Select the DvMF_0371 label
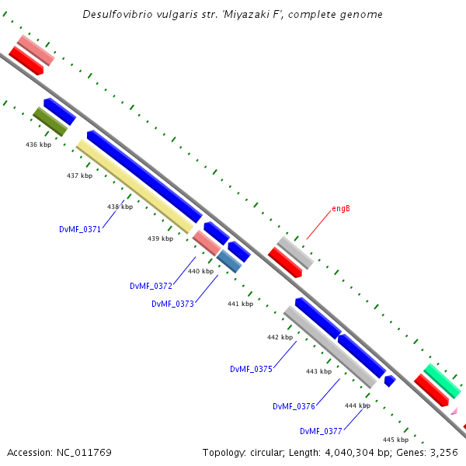coord(80,229)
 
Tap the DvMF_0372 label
coord(151,286)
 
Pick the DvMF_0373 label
coord(172,304)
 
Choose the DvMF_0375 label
coord(251,369)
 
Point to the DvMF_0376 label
coord(294,406)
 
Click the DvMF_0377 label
coord(321,431)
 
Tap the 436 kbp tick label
coord(38,145)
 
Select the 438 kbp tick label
coord(120,207)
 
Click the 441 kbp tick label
coord(240,304)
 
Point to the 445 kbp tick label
coord(395,440)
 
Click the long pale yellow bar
coord(134,186)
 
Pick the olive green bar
coord(50,122)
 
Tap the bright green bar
coord(441,381)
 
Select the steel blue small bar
coord(229,260)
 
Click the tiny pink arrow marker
coord(454,411)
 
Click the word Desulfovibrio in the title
coord(116,15)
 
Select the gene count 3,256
coord(442,452)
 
